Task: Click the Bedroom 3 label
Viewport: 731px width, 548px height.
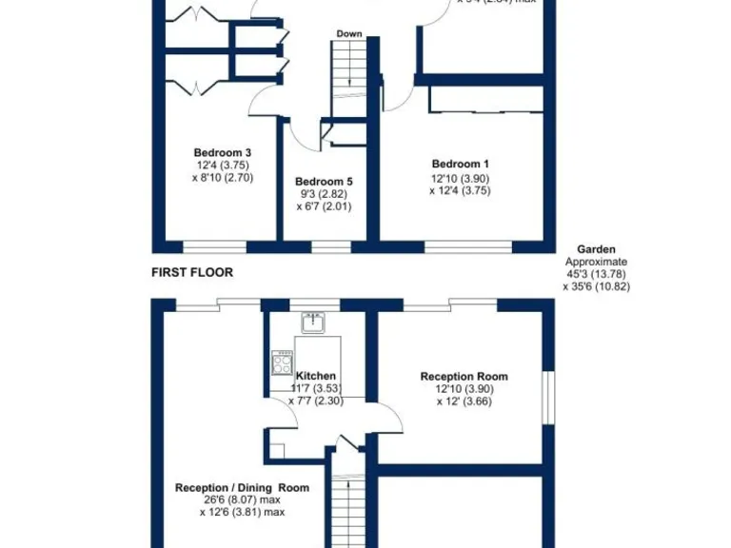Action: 222,152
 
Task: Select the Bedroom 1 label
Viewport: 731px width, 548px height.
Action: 460,164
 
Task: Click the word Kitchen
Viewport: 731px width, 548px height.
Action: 315,377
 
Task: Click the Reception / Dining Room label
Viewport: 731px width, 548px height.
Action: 243,488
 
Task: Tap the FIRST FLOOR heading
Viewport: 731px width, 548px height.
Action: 192,272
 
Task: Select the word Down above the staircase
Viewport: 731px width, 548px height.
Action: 348,34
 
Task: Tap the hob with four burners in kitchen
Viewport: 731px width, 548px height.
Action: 282,363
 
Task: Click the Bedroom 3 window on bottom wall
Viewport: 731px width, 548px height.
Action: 215,247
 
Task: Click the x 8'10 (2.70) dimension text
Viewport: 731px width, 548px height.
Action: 222,177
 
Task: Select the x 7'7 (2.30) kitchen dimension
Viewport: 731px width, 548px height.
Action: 315,401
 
